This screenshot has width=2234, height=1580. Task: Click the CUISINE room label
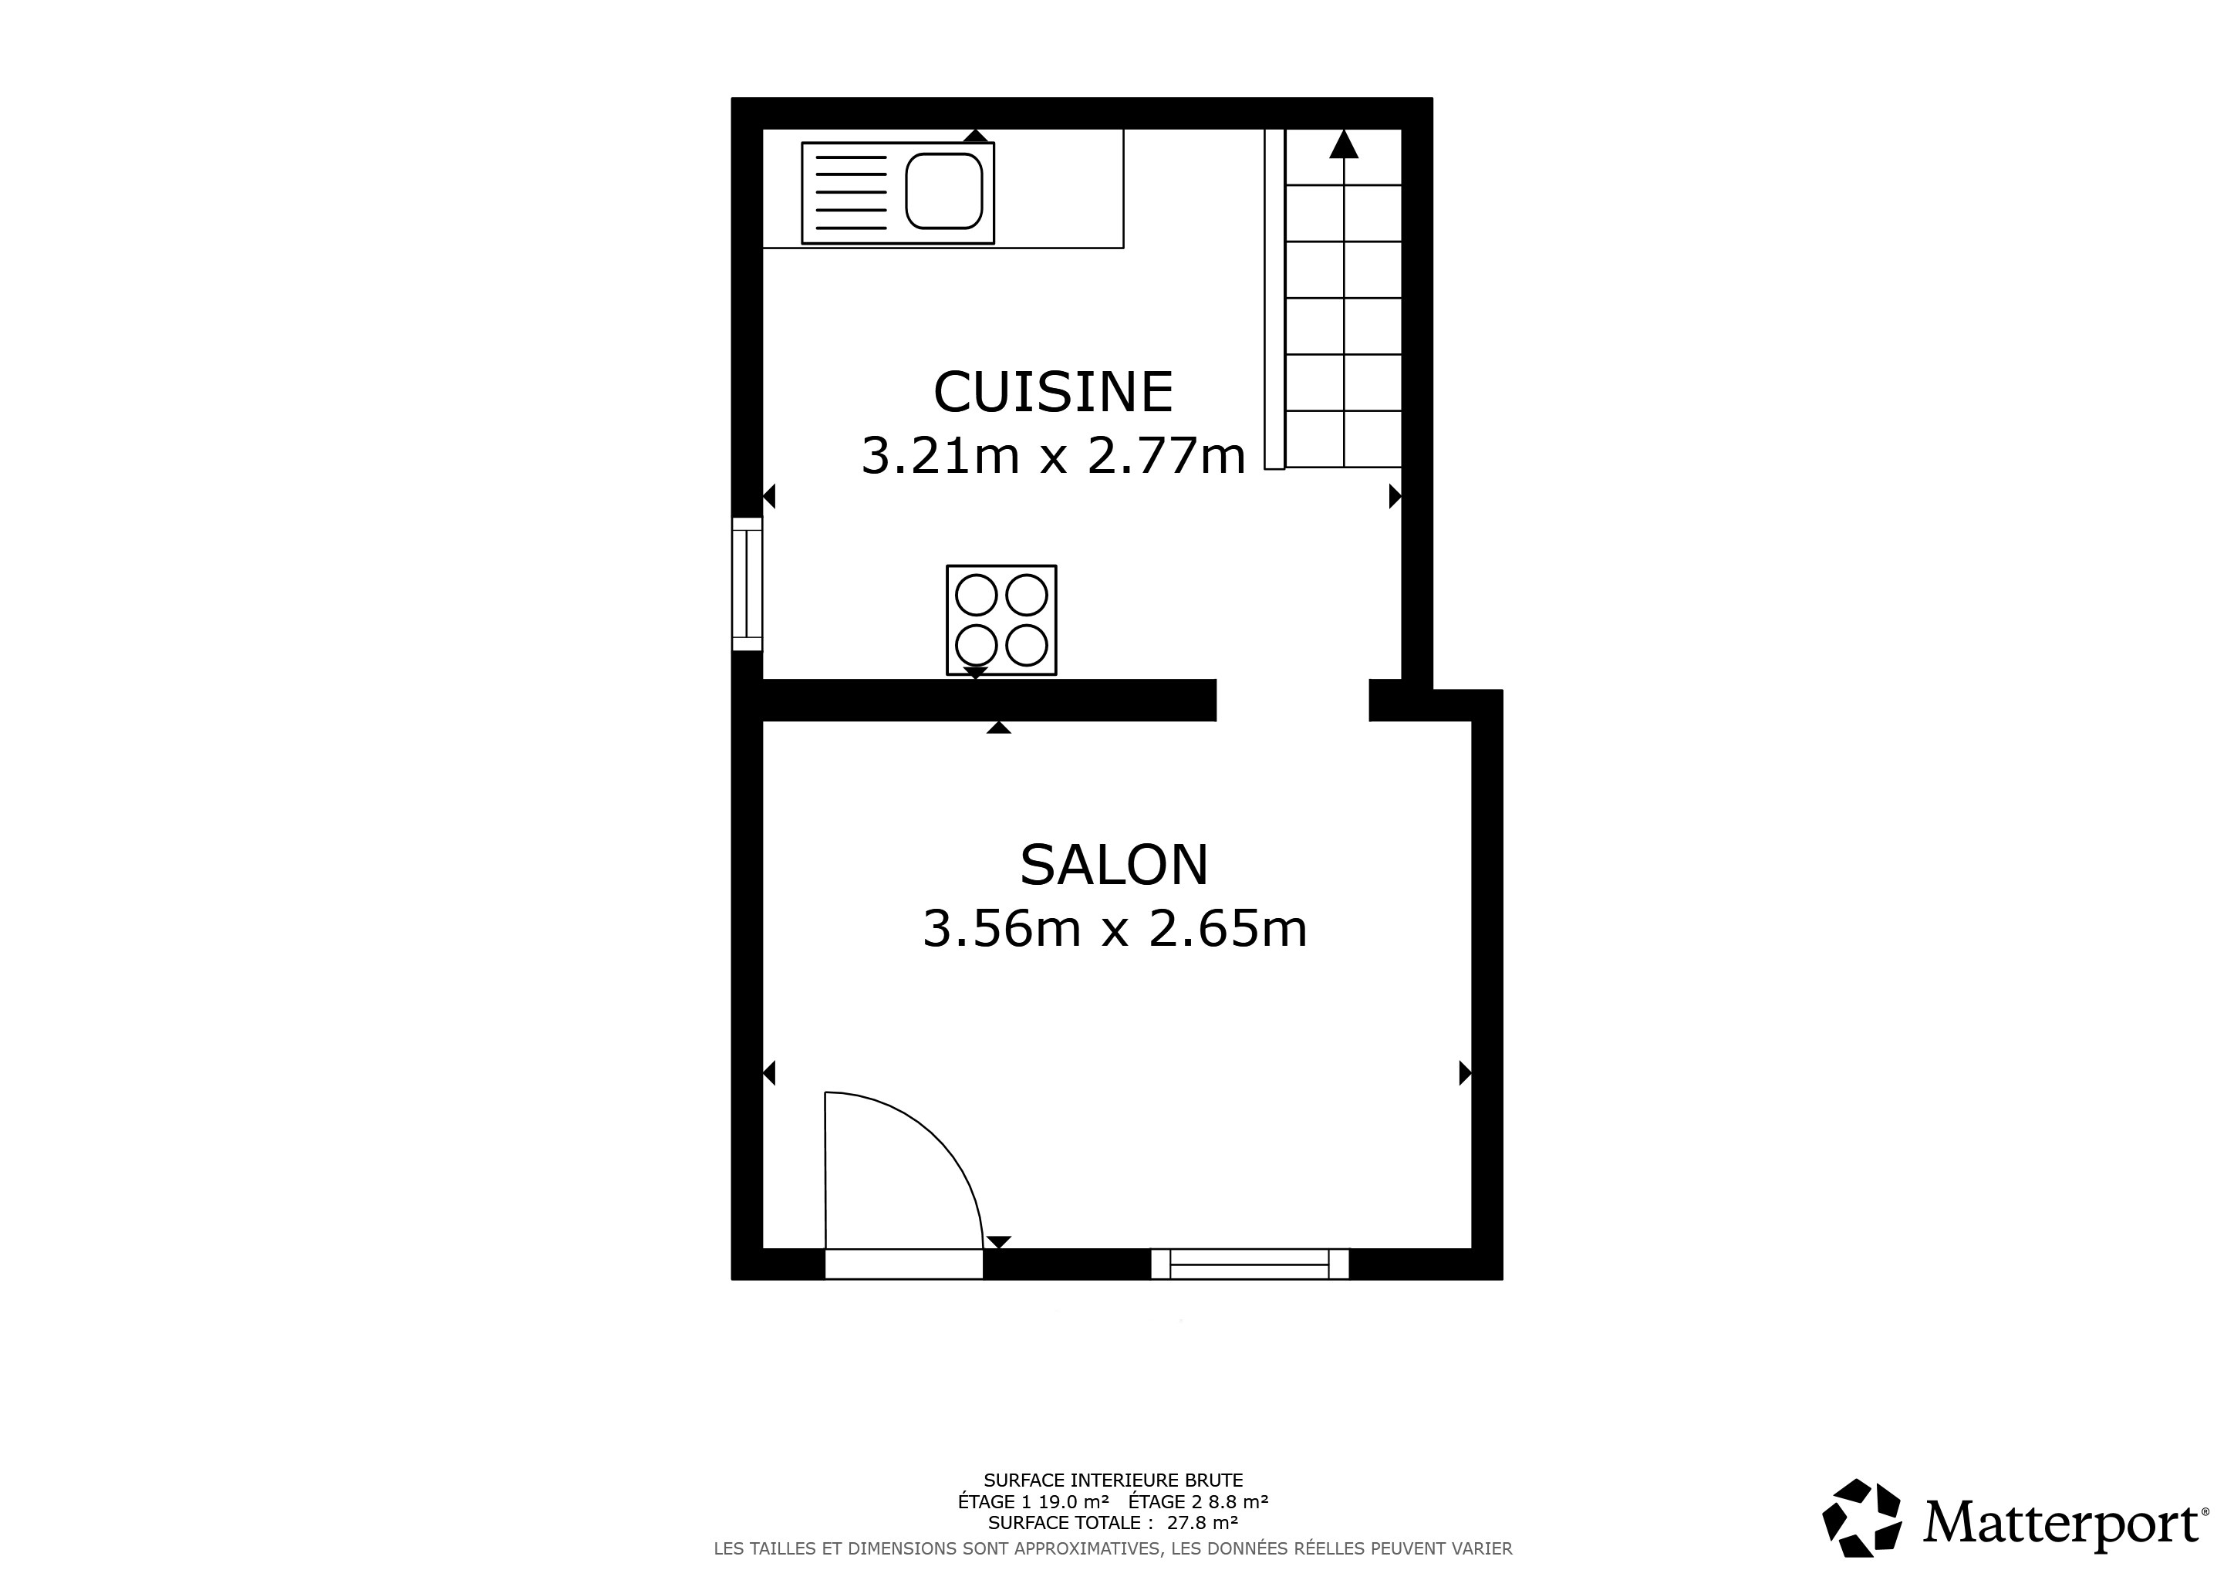pos(1053,392)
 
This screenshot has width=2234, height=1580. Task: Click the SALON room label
pos(1114,865)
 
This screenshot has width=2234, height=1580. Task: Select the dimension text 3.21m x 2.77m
pos(1054,455)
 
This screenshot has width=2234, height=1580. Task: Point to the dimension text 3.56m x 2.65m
pos(1115,928)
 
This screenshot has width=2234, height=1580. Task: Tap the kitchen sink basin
pos(943,191)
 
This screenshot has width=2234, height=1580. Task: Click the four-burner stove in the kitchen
pos(1001,620)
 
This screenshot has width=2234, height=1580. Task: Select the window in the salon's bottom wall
pos(1250,1264)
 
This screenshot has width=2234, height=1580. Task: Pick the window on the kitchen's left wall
pos(747,584)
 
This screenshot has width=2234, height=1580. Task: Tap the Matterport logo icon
pos(1862,1531)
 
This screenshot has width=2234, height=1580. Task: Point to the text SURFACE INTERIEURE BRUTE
pos(1113,1480)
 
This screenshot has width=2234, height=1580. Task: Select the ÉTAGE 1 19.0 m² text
pos(1034,1501)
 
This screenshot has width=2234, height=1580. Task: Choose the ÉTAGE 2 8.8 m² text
pos(1198,1501)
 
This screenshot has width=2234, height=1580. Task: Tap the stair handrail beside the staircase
pos(1274,299)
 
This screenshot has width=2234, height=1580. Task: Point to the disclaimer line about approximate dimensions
pos(1113,1548)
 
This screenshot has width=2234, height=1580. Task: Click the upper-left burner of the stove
pos(976,595)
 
